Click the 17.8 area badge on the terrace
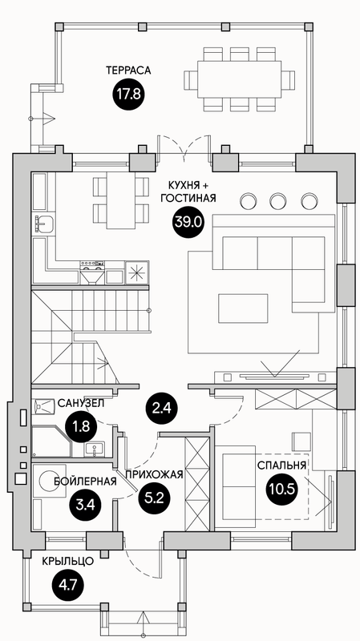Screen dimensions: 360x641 tap(127, 95)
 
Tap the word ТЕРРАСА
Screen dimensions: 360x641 tap(128, 71)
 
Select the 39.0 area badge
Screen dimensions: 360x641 tap(187, 223)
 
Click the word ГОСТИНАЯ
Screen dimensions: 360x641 tap(188, 199)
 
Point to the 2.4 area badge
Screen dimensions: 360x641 tap(161, 408)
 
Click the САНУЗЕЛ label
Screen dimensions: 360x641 tap(81, 404)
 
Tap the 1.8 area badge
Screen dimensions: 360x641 tap(82, 427)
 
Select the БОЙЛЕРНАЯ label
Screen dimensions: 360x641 tap(85, 482)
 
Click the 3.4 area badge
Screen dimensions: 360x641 tap(86, 505)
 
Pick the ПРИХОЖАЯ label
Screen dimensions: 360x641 tap(153, 474)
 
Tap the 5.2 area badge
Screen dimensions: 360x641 tap(154, 498)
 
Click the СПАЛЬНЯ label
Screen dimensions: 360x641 tap(282, 466)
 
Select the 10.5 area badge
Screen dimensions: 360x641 tap(281, 489)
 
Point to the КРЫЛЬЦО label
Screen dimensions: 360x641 tap(68, 562)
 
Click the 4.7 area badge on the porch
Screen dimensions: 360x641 tap(67, 585)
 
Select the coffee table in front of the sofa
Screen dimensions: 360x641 tap(243, 308)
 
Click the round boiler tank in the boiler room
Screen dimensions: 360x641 tap(52, 480)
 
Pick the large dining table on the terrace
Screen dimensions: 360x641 tap(239, 79)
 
